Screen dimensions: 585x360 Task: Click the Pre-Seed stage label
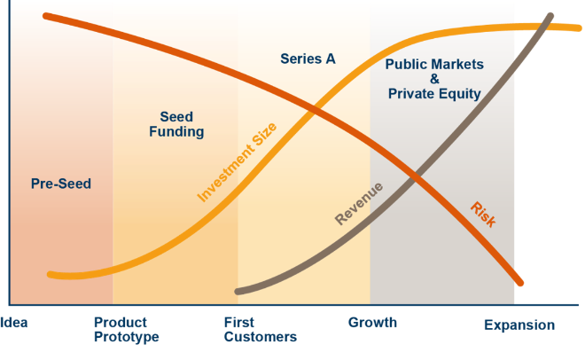[x=61, y=184]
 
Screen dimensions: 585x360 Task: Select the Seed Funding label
[x=176, y=124]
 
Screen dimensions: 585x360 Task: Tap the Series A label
[x=308, y=59]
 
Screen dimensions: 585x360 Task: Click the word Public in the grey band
[x=405, y=64]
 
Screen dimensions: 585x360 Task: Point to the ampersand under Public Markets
[x=434, y=79]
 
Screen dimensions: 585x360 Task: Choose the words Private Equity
[x=434, y=94]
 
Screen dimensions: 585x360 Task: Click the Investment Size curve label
[x=237, y=162]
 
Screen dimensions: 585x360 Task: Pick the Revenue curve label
[x=359, y=203]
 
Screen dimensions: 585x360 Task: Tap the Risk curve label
[x=483, y=214]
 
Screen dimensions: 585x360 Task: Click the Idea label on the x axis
[x=14, y=323]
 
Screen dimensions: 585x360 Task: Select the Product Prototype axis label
[x=127, y=330]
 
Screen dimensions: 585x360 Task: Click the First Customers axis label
[x=261, y=330]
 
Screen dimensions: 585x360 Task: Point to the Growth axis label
[x=372, y=323]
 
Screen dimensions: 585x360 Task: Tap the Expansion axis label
[x=519, y=325]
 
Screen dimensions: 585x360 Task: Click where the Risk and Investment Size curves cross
[x=316, y=109]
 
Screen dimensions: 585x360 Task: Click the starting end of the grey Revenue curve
[x=238, y=292]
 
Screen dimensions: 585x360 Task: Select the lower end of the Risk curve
[x=520, y=283]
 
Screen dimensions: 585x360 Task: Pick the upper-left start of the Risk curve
[x=45, y=16]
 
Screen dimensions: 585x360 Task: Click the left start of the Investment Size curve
[x=50, y=275]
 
